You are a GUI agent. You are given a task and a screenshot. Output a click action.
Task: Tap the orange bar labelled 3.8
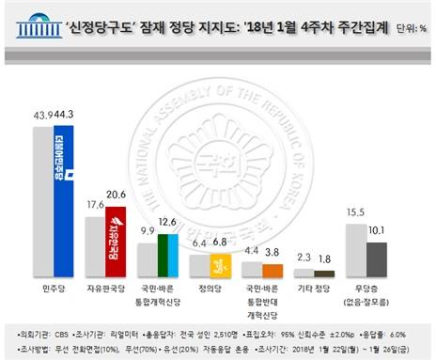pos(272,264)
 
